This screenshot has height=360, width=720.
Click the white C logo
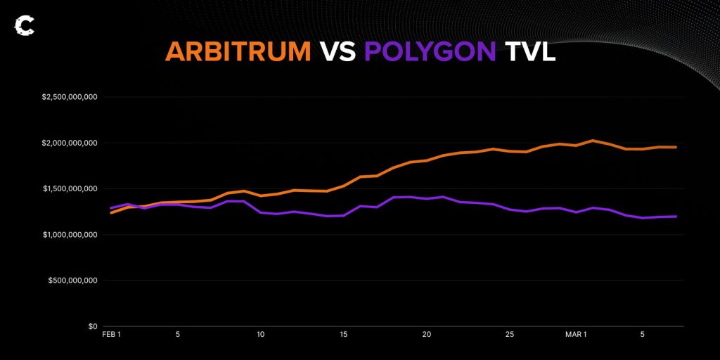[x=24, y=26]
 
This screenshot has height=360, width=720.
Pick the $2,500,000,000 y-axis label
[x=70, y=97]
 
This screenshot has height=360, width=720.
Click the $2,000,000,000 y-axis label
[x=70, y=143]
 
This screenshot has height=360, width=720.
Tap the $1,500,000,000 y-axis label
[x=70, y=188]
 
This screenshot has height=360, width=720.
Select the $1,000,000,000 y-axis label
[x=70, y=234]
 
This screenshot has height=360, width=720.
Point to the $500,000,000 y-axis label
[x=73, y=281]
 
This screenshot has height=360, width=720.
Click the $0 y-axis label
[x=92, y=326]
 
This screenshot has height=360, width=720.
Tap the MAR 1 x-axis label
[x=576, y=335]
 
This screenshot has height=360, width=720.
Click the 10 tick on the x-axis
[x=261, y=335]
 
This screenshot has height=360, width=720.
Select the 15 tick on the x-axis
[x=344, y=335]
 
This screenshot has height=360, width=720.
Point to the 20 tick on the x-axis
[x=427, y=335]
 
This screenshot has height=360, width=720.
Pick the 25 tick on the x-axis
[x=510, y=335]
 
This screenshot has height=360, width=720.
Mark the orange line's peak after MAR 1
[x=593, y=141]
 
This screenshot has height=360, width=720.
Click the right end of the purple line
[x=676, y=217]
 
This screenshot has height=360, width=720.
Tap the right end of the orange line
[x=676, y=147]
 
